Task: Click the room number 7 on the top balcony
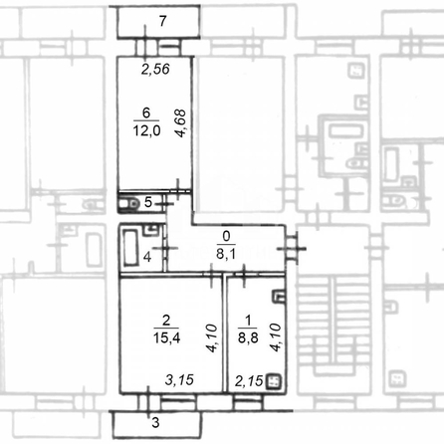point(162,21)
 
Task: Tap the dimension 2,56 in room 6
point(155,69)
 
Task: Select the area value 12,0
point(146,130)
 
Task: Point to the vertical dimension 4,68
point(181,123)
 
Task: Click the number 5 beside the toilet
point(148,202)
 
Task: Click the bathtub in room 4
point(130,247)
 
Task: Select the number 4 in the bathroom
point(147,257)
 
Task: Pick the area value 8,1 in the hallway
point(226,254)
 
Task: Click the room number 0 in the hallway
point(226,236)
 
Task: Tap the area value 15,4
point(166,337)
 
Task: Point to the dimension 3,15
point(179,380)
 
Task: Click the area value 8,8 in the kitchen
point(248,337)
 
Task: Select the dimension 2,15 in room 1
point(249,381)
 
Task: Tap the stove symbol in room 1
point(274,381)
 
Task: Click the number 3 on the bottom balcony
point(155,422)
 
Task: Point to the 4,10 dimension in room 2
point(212,337)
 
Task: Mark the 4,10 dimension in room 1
point(276,337)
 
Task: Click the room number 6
point(146,112)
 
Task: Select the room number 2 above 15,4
point(166,321)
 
